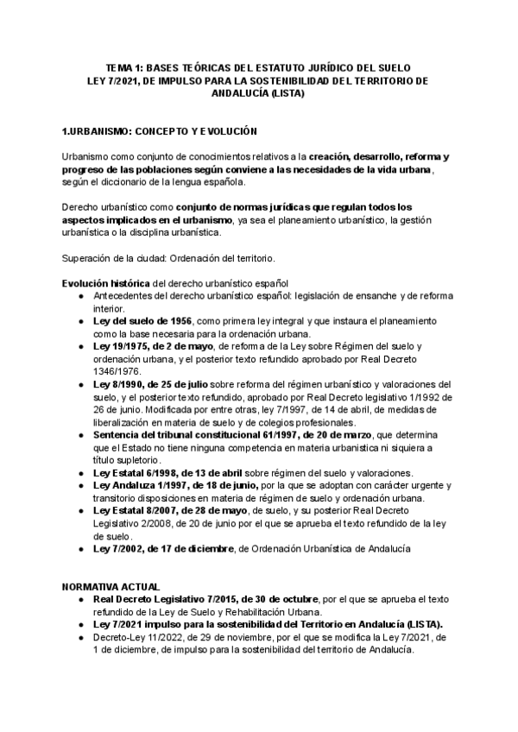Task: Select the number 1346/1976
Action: coord(117,371)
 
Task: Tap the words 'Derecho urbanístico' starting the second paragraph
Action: coord(105,208)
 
